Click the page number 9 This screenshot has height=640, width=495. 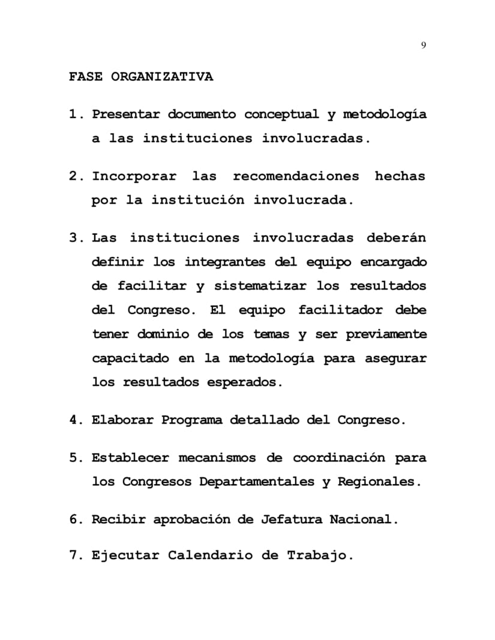tap(424, 45)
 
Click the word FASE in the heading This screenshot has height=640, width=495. tap(86, 77)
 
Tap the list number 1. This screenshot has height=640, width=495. tap(75, 114)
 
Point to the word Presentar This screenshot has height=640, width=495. tap(126, 114)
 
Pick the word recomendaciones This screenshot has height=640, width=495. tap(296, 177)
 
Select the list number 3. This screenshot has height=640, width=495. tap(75, 238)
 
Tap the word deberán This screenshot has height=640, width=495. tap(396, 238)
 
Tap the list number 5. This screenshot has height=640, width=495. tap(75, 458)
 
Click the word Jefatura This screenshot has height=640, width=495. tap(292, 520)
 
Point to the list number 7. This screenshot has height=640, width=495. tap(75, 556)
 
